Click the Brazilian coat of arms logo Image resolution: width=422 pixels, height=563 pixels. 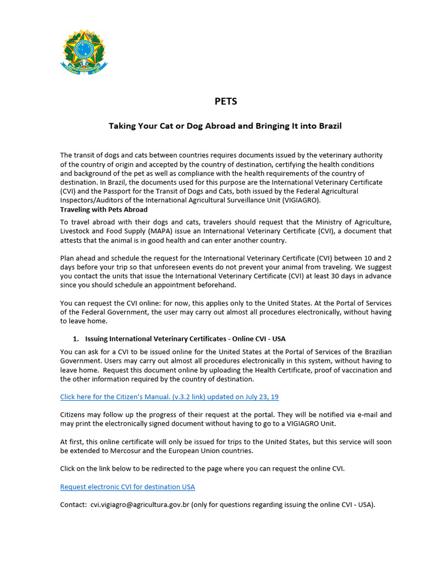coord(84,52)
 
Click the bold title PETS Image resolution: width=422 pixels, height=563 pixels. coord(225,101)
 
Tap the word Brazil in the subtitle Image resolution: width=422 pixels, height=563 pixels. coord(328,126)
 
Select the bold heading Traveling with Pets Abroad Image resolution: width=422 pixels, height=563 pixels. coord(104,209)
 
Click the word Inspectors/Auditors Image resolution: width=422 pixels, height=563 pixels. coord(91,200)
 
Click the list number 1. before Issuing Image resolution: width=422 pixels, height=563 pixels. coord(76,339)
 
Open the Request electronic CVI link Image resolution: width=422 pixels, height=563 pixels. coord(127,487)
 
